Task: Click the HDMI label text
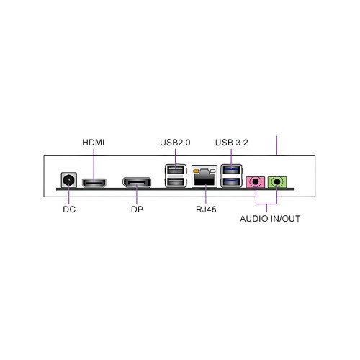coord(93,143)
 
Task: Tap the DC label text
coord(69,210)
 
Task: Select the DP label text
coord(137,210)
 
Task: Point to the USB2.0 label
coord(175,143)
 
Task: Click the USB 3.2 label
coord(232,143)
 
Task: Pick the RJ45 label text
coord(206,210)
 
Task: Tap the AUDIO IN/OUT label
coord(270,219)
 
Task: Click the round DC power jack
coord(69,180)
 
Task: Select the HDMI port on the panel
coord(94,183)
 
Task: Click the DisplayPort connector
coord(137,183)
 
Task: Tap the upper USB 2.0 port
coord(176,171)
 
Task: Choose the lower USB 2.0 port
coord(176,182)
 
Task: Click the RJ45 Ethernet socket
coord(204,176)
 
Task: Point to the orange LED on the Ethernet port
coord(196,171)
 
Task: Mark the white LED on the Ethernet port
coord(212,171)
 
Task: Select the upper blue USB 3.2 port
coord(231,170)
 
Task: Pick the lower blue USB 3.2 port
coord(231,182)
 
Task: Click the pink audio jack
coord(256,182)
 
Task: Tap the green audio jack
coord(277,182)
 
